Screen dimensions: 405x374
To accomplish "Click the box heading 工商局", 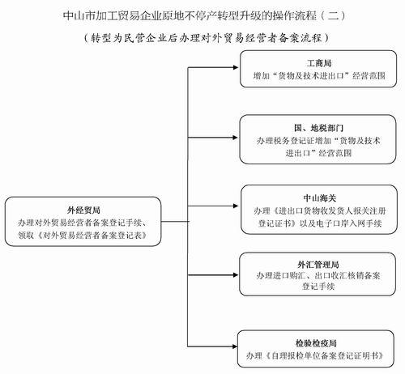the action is click(x=319, y=63).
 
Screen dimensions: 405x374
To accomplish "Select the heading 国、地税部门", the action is click(x=318, y=128).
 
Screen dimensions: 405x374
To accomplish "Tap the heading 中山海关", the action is click(x=319, y=198).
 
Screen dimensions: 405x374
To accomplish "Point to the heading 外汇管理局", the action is click(x=318, y=265).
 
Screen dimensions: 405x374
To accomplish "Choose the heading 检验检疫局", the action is click(x=316, y=343).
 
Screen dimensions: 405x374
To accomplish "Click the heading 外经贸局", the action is click(x=83, y=210).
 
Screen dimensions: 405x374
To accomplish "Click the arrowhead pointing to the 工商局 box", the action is click(x=235, y=67).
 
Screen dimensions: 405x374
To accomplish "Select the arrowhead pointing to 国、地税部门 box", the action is click(x=235, y=138).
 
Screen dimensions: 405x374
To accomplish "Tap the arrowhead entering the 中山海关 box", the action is click(x=235, y=206).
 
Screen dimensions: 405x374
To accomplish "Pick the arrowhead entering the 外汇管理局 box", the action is click(x=235, y=275).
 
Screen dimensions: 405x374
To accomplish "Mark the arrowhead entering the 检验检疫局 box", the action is click(x=235, y=346).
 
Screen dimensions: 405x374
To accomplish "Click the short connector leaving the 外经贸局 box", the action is click(x=175, y=222).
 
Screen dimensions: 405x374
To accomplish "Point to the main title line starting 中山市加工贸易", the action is click(x=204, y=15).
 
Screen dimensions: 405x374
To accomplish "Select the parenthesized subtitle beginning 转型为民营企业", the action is click(x=207, y=38).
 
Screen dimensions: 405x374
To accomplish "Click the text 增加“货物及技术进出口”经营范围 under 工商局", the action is click(x=319, y=76).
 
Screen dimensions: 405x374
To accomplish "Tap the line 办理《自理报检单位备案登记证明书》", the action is click(x=315, y=355).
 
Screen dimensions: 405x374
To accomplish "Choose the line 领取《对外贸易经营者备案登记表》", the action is click(x=83, y=236).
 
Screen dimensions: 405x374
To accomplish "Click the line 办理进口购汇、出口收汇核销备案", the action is click(x=318, y=275).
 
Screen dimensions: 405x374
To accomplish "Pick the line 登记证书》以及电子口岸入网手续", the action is click(x=320, y=223).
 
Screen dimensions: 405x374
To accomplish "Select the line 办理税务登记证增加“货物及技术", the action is click(x=318, y=141).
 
